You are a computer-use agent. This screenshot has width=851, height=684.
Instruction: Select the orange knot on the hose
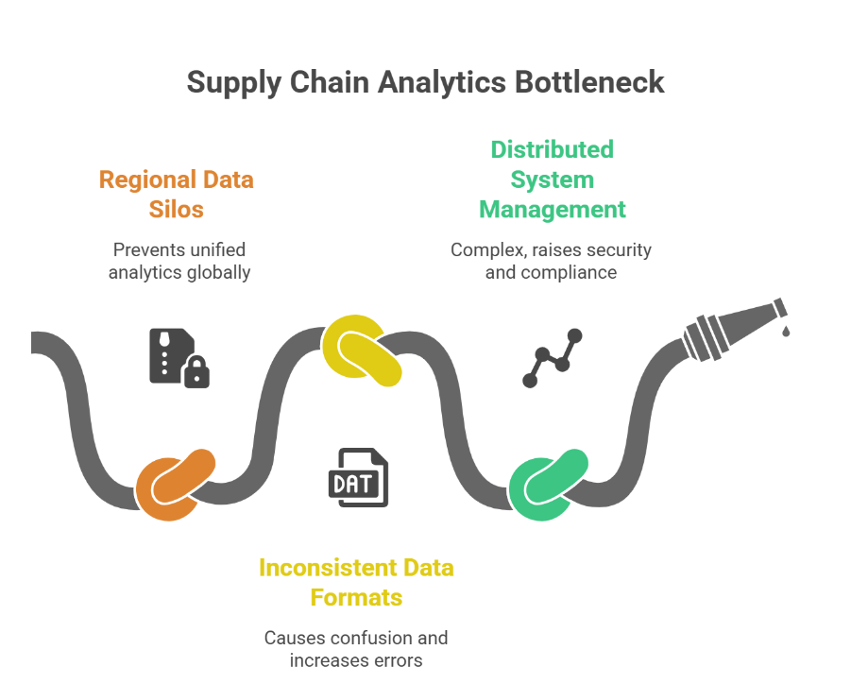[175, 484]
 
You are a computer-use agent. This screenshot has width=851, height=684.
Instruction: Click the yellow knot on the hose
[361, 351]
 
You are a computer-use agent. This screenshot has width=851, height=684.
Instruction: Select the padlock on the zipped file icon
[196, 374]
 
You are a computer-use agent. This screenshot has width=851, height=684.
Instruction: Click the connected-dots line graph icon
[553, 358]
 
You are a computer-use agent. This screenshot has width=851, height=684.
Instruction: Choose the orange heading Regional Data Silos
[177, 194]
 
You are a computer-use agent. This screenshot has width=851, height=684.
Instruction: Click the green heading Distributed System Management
[553, 179]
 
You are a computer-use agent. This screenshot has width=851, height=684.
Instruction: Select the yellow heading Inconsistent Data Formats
[356, 582]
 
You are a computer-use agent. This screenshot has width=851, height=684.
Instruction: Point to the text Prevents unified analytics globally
[179, 261]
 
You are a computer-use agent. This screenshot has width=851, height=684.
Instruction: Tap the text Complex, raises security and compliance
[552, 261]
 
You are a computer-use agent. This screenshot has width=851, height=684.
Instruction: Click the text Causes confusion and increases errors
[356, 649]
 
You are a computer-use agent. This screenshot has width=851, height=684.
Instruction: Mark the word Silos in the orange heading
[177, 209]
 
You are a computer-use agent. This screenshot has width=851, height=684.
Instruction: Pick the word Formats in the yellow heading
[356, 597]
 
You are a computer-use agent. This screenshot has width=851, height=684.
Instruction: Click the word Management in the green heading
[553, 209]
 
